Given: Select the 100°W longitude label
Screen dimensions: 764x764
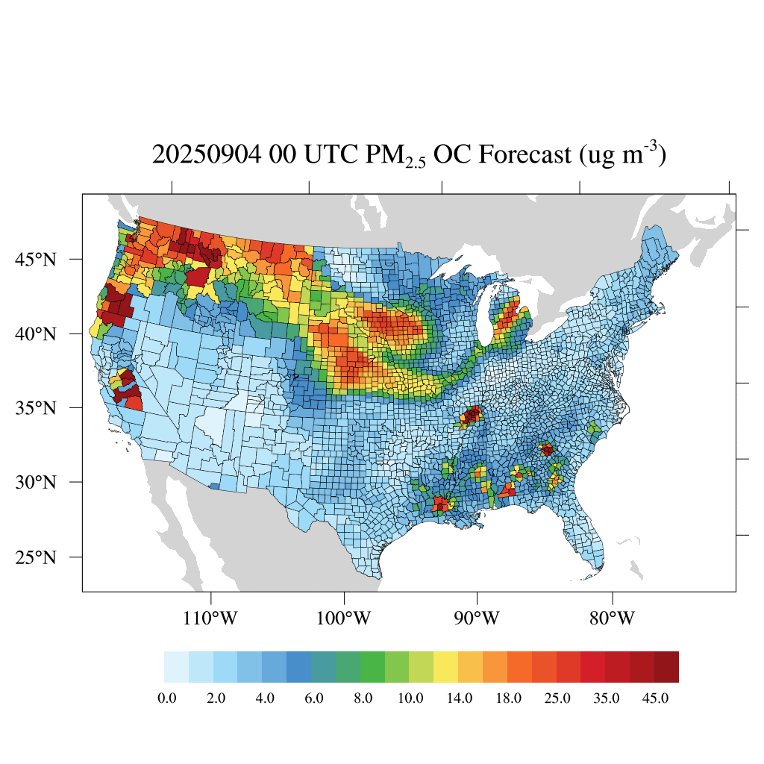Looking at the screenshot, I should point(345,619).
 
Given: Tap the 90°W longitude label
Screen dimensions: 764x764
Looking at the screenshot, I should point(477,619).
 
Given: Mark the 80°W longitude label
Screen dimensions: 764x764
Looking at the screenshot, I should point(612,619).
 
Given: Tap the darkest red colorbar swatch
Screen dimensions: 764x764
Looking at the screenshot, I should point(666,667).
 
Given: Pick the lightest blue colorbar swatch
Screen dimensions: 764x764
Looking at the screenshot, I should point(176,667).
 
